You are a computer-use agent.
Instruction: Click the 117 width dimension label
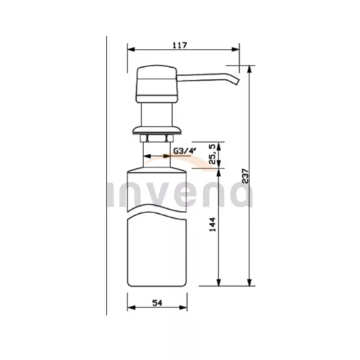(180, 45)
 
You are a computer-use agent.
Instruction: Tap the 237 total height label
(246, 176)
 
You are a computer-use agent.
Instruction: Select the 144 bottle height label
(212, 225)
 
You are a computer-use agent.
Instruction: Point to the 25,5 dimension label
(214, 154)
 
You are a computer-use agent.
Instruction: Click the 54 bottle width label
(157, 303)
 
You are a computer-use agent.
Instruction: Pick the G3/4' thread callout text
(185, 150)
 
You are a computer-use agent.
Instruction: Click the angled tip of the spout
(237, 81)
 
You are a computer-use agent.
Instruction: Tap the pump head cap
(157, 84)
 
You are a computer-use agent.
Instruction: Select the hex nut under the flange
(157, 138)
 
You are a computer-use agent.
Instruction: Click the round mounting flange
(157, 130)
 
